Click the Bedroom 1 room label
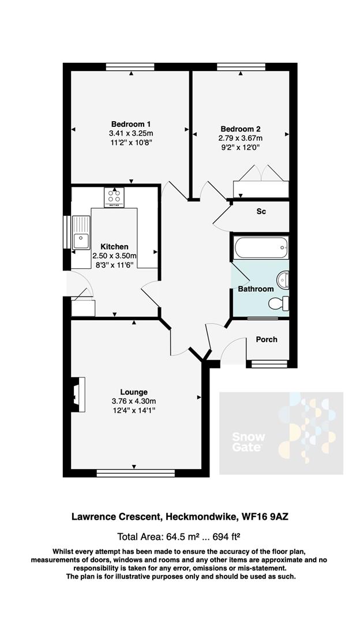[x=131, y=124]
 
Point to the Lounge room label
[x=134, y=392]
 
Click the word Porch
[x=266, y=339]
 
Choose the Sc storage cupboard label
[x=261, y=212]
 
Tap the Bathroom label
[x=256, y=289]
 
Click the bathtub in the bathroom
[x=260, y=249]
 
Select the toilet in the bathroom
[x=281, y=303]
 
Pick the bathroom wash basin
[x=283, y=280]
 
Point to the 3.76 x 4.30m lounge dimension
[x=134, y=401]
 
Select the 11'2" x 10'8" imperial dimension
[x=131, y=142]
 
